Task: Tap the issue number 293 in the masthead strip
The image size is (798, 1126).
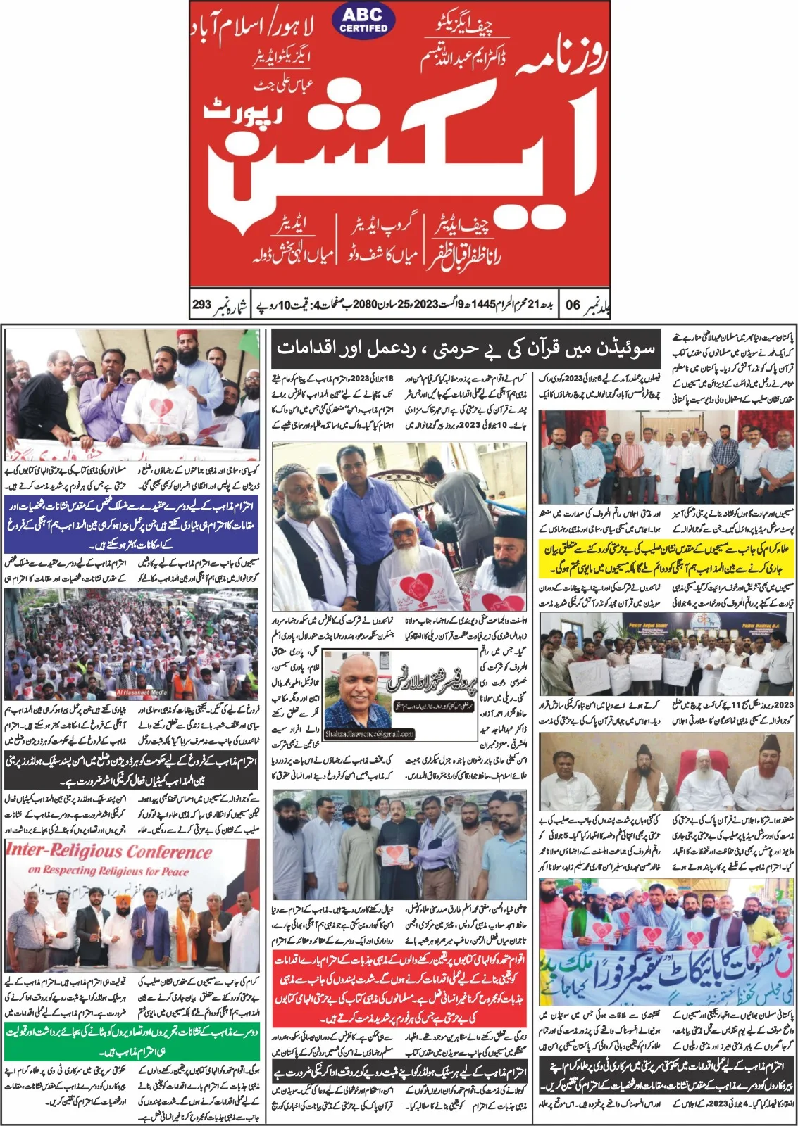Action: pos(202,305)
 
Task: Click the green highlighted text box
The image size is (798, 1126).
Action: pos(132,1039)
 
